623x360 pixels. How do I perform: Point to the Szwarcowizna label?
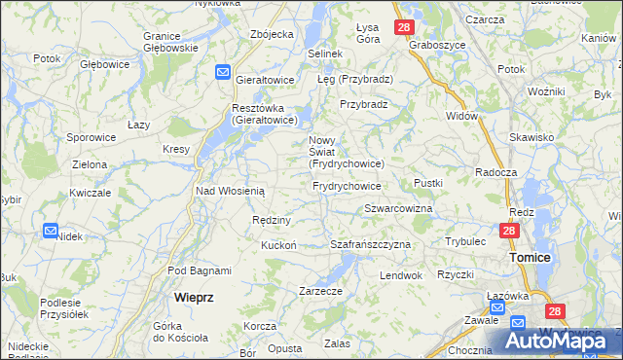pos(398,209)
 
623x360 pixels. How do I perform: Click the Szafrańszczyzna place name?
pos(371,244)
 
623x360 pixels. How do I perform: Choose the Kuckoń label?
pos(278,245)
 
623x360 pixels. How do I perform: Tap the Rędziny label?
pos(272,220)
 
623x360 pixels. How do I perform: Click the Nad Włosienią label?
pos(231,192)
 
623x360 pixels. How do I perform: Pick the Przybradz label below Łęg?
pos(364,104)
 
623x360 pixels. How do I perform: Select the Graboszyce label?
pos(433,45)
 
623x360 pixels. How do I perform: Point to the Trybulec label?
pos(465,240)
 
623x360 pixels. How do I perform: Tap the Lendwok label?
pos(401,275)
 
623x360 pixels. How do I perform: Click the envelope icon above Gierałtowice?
pos(223,71)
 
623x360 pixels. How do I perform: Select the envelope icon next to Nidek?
pos(51,231)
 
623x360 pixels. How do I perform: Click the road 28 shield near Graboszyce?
pos(404,27)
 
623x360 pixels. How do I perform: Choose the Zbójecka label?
pos(272,34)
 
